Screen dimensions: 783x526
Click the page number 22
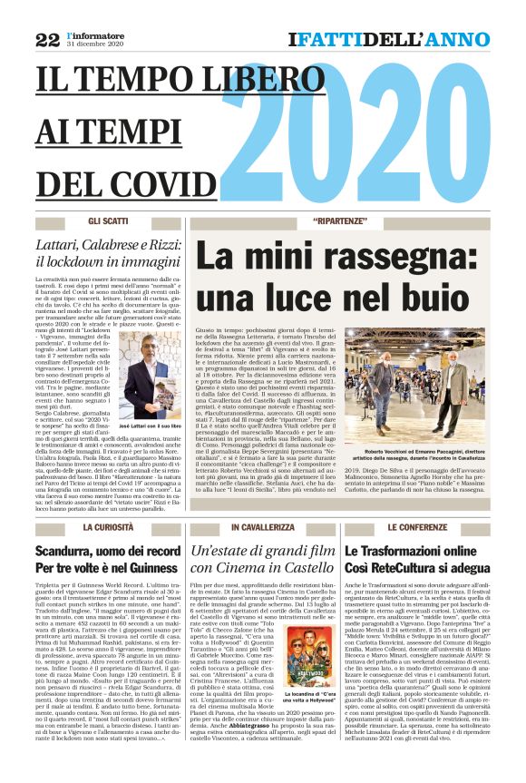[x=46, y=39]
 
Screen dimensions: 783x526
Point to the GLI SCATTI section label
[x=108, y=221]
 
